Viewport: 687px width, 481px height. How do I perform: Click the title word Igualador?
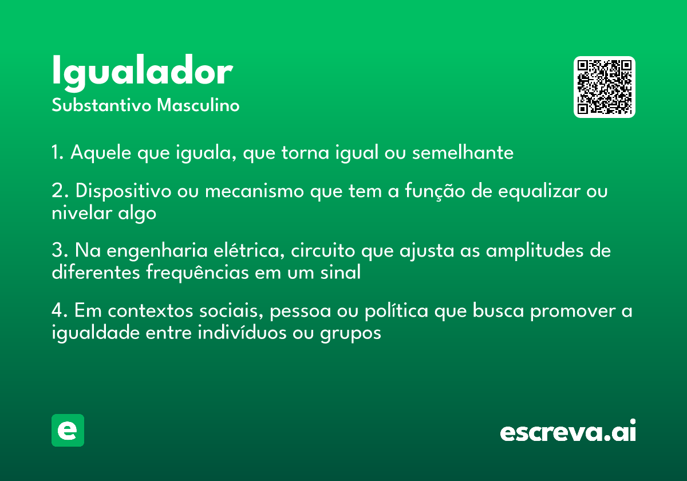[x=143, y=72]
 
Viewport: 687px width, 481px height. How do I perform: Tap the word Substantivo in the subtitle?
[x=101, y=105]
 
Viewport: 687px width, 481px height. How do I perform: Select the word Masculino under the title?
[x=198, y=105]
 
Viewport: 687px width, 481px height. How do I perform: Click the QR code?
[x=604, y=87]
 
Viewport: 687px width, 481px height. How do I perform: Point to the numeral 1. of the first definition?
[x=58, y=152]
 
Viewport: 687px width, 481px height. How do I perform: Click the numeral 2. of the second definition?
[x=60, y=191]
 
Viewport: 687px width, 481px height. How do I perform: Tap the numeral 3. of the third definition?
[x=60, y=250]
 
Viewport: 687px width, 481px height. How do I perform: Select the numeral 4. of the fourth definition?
[x=60, y=310]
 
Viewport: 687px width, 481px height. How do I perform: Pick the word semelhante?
[x=463, y=152]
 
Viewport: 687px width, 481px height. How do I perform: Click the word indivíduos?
[x=242, y=333]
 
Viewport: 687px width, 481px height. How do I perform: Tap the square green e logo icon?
[x=68, y=430]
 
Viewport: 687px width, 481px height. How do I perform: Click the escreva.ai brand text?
[x=568, y=431]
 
